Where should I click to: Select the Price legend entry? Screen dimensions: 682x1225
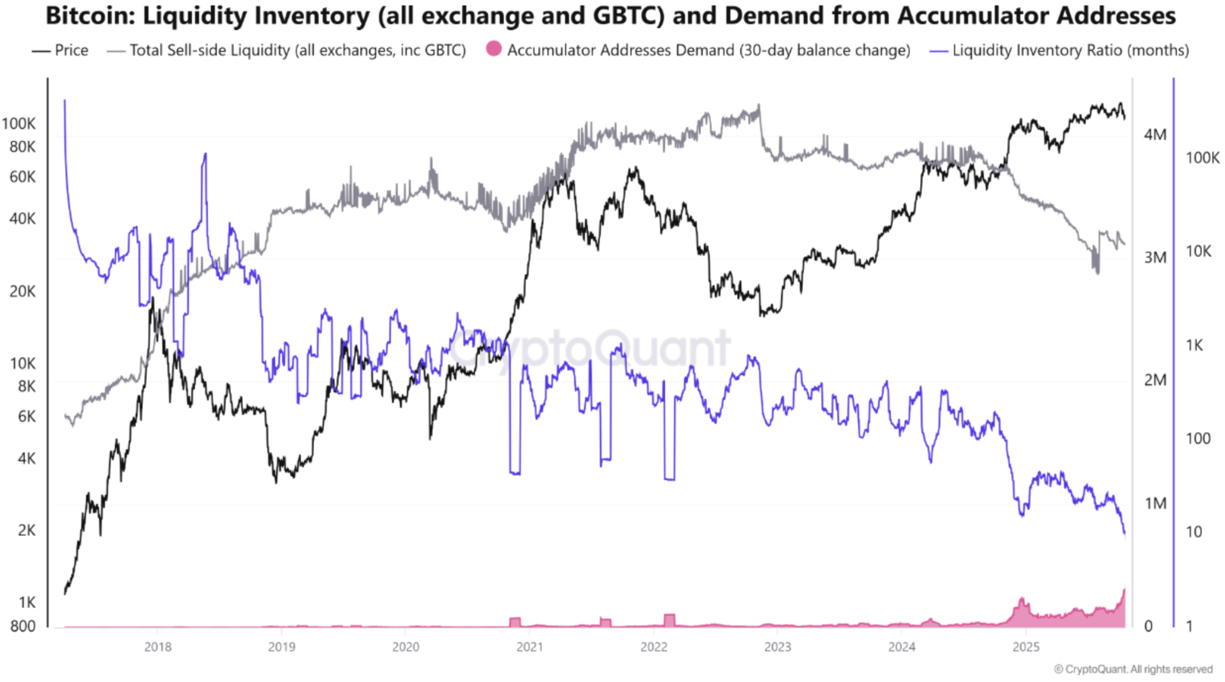71,51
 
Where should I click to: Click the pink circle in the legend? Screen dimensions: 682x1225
494,49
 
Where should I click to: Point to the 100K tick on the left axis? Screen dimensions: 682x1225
19,124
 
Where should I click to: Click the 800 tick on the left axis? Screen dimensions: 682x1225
23,626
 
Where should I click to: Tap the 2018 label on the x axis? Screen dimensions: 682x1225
158,647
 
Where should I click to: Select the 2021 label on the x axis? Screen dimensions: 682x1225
530,647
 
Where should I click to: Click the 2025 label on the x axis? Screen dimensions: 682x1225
1026,647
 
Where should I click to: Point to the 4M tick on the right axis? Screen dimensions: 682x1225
1155,135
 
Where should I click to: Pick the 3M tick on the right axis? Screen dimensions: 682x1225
1155,258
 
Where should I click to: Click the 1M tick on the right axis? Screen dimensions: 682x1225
1155,504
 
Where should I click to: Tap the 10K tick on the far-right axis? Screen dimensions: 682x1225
1199,251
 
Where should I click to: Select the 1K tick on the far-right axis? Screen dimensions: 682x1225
1194,345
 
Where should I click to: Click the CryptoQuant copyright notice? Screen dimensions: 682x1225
1133,669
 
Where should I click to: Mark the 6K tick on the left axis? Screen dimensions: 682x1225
26,417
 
